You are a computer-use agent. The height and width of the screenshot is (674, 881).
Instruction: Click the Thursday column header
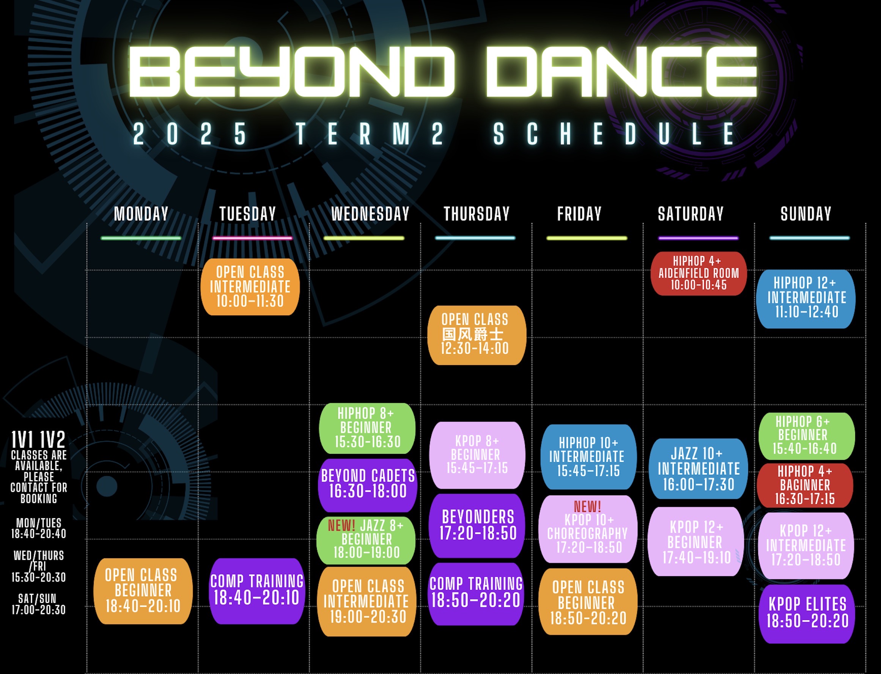[477, 213]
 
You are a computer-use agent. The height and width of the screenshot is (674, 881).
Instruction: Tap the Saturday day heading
[691, 213]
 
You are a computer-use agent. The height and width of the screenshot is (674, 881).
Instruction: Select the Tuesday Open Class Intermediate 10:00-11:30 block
[250, 287]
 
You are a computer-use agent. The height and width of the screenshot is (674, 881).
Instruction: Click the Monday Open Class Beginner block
[143, 591]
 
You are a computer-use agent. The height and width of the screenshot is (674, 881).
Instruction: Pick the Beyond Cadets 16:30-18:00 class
[368, 485]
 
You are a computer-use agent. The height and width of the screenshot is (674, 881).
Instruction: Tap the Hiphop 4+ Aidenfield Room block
[699, 274]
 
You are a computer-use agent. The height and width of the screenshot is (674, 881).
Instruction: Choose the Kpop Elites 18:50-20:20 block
[807, 614]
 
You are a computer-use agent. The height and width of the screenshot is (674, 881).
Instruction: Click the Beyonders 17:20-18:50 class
[477, 526]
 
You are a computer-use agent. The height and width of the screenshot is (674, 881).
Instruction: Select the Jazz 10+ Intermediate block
[698, 469]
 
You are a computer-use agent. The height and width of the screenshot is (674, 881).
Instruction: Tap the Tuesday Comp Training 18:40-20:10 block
[256, 591]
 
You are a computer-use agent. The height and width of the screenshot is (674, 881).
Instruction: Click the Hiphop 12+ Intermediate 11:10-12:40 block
[805, 299]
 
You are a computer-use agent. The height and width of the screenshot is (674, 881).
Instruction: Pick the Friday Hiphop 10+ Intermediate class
[588, 457]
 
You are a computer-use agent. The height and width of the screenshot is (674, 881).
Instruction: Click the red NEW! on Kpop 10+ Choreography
[587, 506]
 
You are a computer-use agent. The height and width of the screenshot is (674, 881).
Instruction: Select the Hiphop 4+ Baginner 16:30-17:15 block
[805, 485]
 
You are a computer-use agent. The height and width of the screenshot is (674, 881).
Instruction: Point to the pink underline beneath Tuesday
[252, 238]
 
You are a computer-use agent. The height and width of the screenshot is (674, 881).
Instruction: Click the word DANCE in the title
[621, 71]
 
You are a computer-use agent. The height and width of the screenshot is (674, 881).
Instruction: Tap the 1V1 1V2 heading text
[38, 440]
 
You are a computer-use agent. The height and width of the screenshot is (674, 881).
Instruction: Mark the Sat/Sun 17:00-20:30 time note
[38, 604]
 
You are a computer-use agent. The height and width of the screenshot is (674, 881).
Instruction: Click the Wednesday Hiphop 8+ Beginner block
[367, 428]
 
